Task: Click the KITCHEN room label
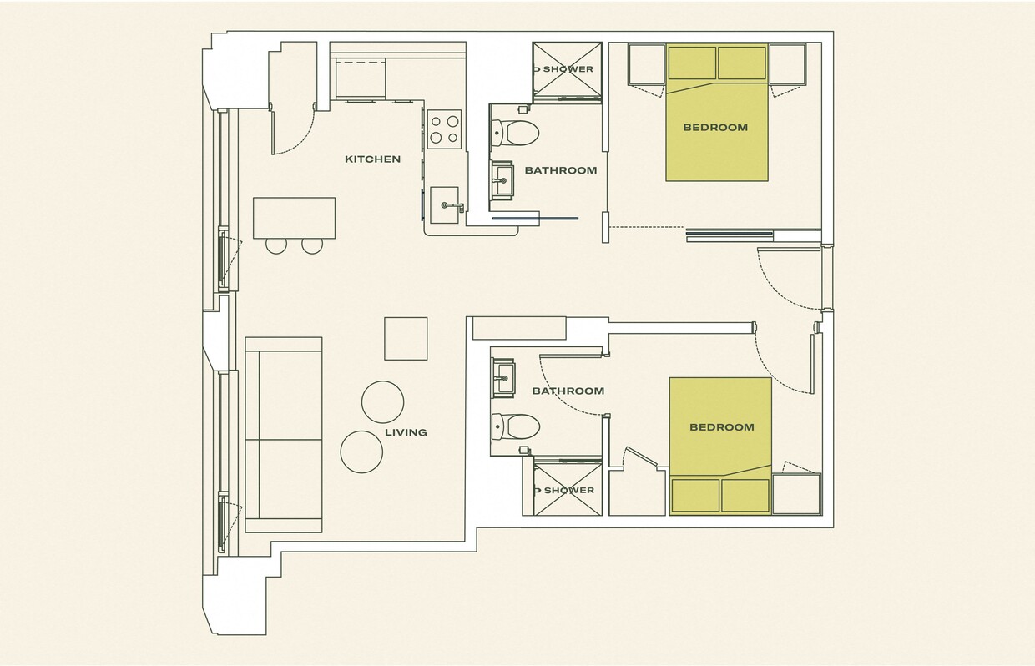pyautogui.click(x=372, y=159)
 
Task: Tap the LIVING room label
pyautogui.click(x=406, y=432)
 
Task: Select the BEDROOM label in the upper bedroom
pyautogui.click(x=715, y=128)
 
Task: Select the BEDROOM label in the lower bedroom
pyautogui.click(x=721, y=427)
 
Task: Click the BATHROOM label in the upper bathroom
pyautogui.click(x=560, y=170)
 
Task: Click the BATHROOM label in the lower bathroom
pyautogui.click(x=568, y=391)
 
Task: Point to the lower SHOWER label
pyautogui.click(x=568, y=490)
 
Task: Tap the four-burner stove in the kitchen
pyautogui.click(x=444, y=129)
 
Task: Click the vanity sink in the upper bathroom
pyautogui.click(x=503, y=179)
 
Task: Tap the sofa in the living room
pyautogui.click(x=283, y=435)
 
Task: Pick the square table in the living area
pyautogui.click(x=406, y=338)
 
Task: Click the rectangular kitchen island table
pyautogui.click(x=295, y=217)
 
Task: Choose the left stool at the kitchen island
pyautogui.click(x=276, y=245)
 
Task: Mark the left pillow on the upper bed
pyautogui.click(x=692, y=63)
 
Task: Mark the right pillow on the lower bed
pyautogui.click(x=745, y=495)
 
